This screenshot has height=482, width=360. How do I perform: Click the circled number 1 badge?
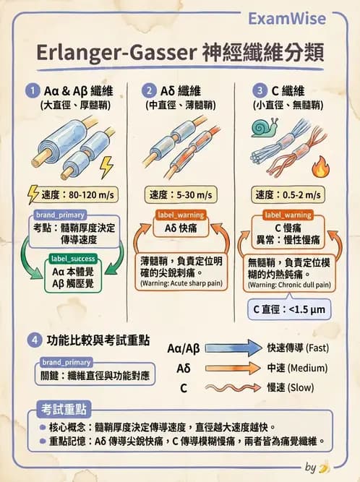[x=32, y=92]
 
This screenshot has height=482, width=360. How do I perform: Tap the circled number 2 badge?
[x=148, y=92]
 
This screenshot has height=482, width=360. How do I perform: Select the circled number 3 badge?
[x=260, y=92]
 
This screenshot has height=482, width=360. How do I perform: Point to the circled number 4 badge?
[x=32, y=340]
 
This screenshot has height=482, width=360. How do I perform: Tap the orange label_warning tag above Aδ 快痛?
[x=181, y=215]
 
